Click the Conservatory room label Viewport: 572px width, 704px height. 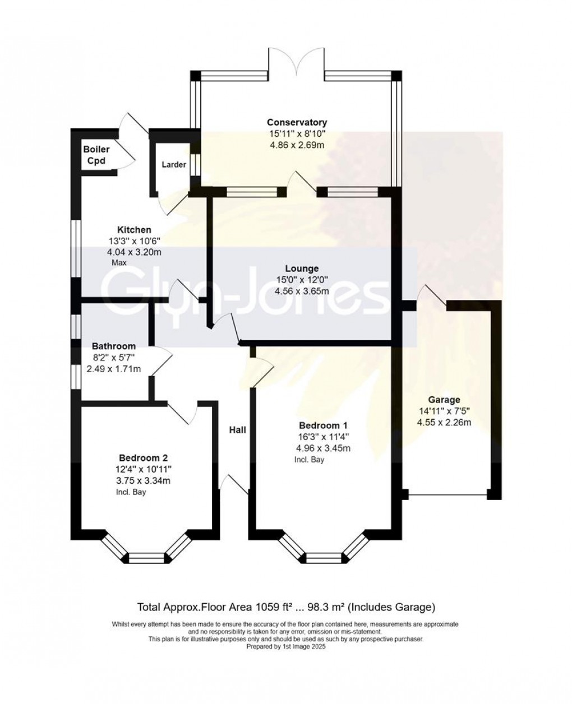(297, 122)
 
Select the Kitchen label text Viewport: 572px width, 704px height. (133, 229)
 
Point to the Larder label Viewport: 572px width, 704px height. (173, 165)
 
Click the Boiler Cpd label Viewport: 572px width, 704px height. (96, 155)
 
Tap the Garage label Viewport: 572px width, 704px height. (444, 400)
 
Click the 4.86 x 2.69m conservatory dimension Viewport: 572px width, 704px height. (297, 145)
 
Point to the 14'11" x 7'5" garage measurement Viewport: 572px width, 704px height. (444, 411)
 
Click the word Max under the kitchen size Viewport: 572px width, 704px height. (118, 262)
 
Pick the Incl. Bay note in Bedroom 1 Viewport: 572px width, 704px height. (310, 460)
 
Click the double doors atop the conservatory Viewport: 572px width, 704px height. (296, 62)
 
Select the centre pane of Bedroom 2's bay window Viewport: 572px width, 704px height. (145, 558)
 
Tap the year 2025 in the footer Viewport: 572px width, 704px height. (317, 646)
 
